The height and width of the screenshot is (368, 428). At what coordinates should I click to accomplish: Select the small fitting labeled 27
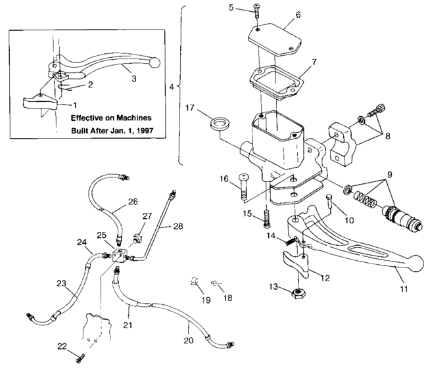click(x=138, y=235)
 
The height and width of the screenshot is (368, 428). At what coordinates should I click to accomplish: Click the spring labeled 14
click(x=289, y=242)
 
